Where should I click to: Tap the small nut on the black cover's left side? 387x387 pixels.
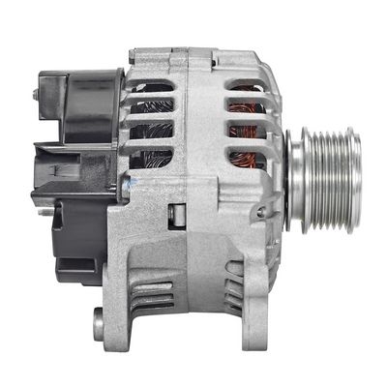tap(36, 95)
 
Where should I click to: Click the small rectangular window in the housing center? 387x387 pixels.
tap(177, 215)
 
